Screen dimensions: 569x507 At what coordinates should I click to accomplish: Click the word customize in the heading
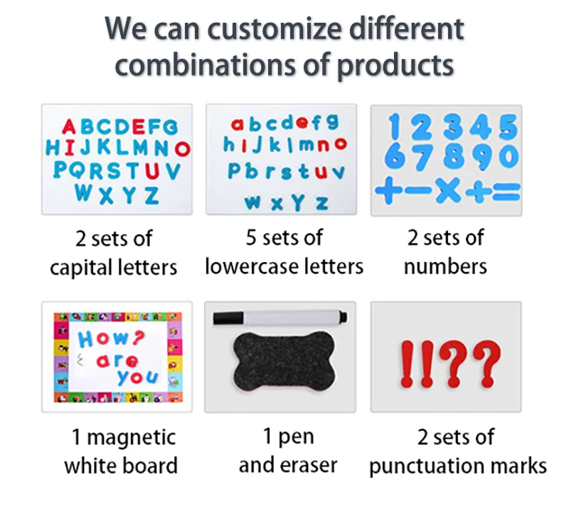pyautogui.click(x=275, y=29)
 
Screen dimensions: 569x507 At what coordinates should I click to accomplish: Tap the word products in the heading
pyautogui.click(x=395, y=65)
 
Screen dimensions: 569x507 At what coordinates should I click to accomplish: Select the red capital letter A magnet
pyautogui.click(x=68, y=127)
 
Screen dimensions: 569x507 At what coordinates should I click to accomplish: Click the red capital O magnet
pyautogui.click(x=182, y=149)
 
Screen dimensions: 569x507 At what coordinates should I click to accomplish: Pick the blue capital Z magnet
pyautogui.click(x=151, y=195)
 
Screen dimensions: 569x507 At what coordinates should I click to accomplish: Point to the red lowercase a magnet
pyautogui.click(x=238, y=124)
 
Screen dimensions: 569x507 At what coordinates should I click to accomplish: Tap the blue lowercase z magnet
pyautogui.click(x=322, y=203)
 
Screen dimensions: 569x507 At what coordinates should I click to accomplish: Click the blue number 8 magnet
pyautogui.click(x=453, y=157)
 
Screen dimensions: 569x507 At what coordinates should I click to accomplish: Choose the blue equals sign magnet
pyautogui.click(x=506, y=192)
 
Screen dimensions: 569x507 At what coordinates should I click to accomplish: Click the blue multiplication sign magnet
pyautogui.click(x=448, y=190)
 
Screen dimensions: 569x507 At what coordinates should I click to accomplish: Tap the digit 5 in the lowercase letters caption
pyautogui.click(x=251, y=238)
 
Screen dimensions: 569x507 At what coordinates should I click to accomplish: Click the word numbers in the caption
pyautogui.click(x=445, y=266)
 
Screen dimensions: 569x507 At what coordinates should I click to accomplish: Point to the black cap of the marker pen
pyautogui.click(x=228, y=318)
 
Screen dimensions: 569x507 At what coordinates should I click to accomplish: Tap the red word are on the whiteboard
pyautogui.click(x=117, y=360)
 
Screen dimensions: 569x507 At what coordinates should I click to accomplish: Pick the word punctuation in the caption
pyautogui.click(x=421, y=466)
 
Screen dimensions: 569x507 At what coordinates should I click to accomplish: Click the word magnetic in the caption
pyautogui.click(x=132, y=437)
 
